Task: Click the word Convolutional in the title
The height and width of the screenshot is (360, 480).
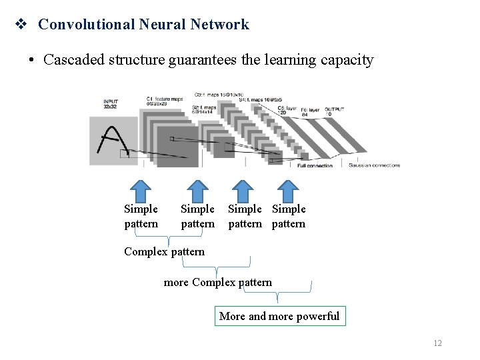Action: pos(86,25)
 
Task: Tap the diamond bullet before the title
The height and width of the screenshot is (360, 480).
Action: pos(21,25)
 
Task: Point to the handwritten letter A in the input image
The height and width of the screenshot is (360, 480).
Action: pos(111,140)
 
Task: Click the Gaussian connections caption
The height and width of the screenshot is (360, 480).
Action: pos(374,165)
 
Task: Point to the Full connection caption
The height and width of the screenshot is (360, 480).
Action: pos(315,165)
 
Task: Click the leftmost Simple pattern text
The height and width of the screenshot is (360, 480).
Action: pos(141,217)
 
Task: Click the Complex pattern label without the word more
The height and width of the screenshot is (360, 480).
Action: pos(164,251)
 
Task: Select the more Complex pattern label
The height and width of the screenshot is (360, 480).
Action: pos(217,282)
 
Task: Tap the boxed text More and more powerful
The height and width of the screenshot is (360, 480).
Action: pos(279,316)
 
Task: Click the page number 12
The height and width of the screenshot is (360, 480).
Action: pos(437,343)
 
